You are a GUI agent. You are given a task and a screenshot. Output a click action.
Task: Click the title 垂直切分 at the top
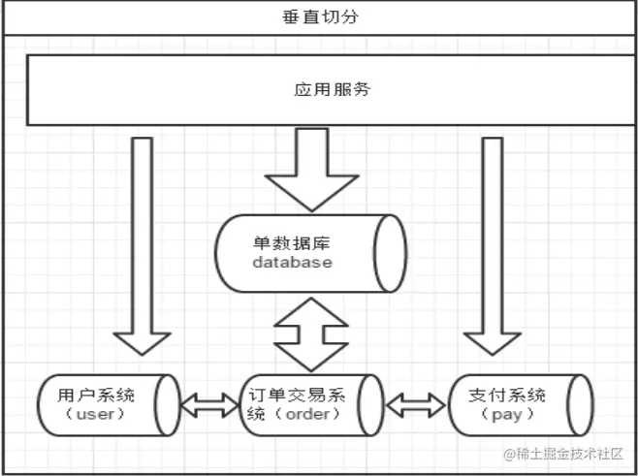318,17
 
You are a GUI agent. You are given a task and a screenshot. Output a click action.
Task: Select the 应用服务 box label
333,90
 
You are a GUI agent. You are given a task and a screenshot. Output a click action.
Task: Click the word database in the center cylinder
292,262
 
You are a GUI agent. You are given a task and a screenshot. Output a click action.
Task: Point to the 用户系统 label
95,395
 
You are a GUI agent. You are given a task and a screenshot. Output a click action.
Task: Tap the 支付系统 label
507,395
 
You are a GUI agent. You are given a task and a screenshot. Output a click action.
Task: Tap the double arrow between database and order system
311,333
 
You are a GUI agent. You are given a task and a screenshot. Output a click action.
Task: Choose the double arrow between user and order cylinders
210,405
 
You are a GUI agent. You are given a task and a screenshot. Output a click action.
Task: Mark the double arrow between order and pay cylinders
416,405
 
